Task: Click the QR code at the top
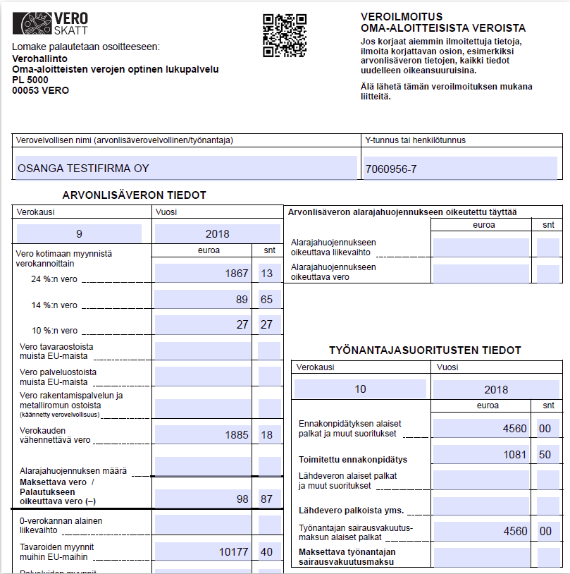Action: click(284, 35)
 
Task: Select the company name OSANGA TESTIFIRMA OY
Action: click(83, 168)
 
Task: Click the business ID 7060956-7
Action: click(391, 169)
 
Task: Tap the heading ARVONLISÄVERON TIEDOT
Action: click(134, 195)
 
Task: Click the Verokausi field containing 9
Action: click(79, 233)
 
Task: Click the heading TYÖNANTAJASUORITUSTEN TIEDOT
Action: click(425, 350)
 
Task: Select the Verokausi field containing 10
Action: click(361, 389)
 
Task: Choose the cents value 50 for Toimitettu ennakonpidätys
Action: click(547, 455)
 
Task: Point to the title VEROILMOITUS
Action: click(402, 16)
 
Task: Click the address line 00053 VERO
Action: click(41, 90)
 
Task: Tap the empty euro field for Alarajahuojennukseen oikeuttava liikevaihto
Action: click(481, 247)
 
